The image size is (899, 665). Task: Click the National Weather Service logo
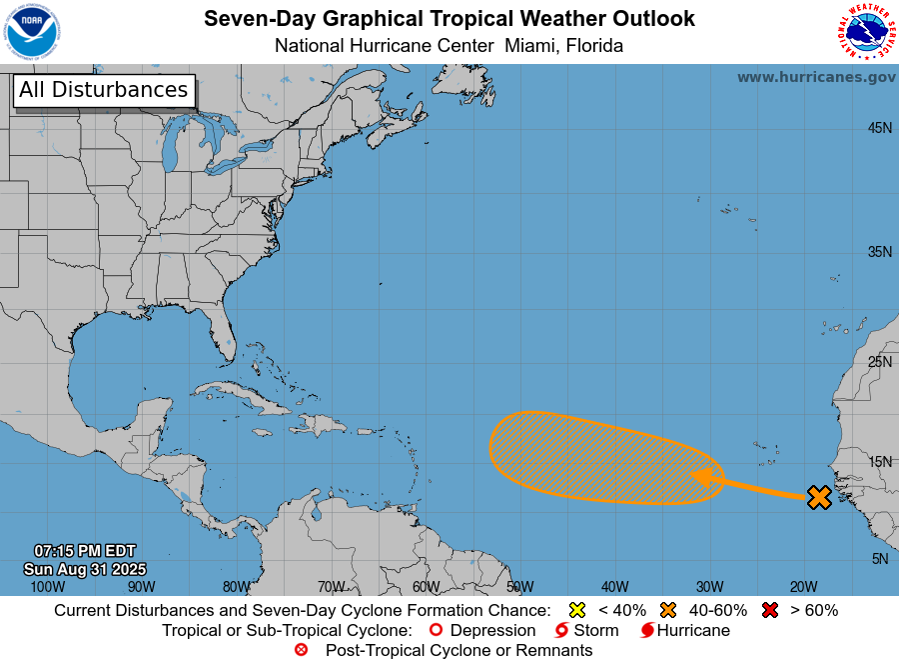click(865, 32)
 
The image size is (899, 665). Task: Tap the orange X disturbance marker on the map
click(819, 497)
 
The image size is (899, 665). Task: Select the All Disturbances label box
click(103, 90)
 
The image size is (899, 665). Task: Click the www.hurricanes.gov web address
click(816, 77)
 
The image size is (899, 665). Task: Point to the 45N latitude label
click(879, 128)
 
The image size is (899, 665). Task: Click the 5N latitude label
click(879, 559)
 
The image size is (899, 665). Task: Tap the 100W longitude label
click(47, 587)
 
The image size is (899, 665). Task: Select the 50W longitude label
click(519, 587)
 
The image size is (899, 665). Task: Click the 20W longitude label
click(803, 587)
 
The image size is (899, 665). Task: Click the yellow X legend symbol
click(577, 610)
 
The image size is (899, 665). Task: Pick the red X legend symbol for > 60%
click(770, 610)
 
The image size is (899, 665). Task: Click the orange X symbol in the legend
click(668, 610)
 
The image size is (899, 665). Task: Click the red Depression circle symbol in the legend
click(435, 631)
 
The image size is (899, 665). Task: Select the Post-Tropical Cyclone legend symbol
click(301, 650)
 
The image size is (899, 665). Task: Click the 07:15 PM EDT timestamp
click(84, 551)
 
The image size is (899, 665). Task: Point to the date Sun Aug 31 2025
click(84, 568)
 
